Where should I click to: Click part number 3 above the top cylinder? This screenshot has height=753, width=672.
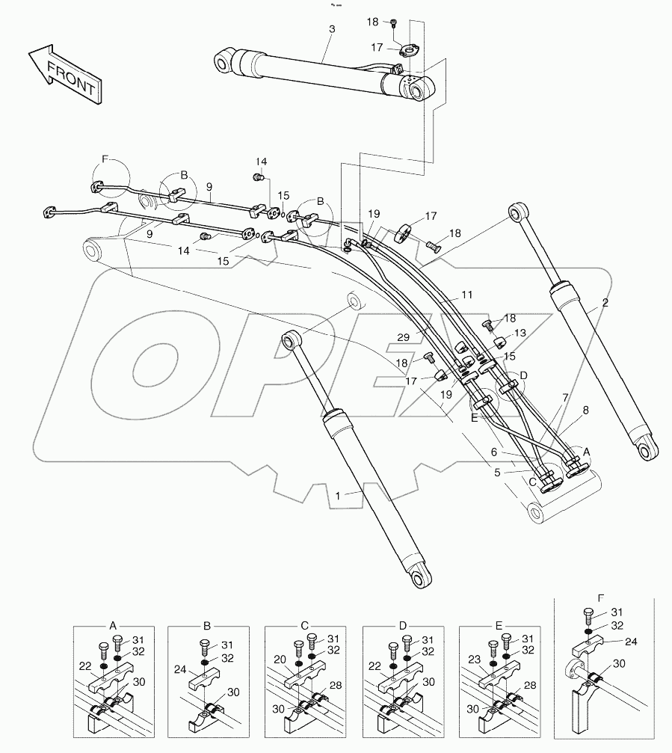point(332,28)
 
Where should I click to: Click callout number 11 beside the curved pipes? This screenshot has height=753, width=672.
point(467,295)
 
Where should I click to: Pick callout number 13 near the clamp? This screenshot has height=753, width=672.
point(520,333)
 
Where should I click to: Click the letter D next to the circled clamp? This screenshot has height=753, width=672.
point(524,375)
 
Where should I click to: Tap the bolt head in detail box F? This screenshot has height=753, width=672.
point(588,615)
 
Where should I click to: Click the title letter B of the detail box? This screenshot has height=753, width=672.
point(207,624)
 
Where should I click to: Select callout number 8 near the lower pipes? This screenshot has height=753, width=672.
point(585,410)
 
